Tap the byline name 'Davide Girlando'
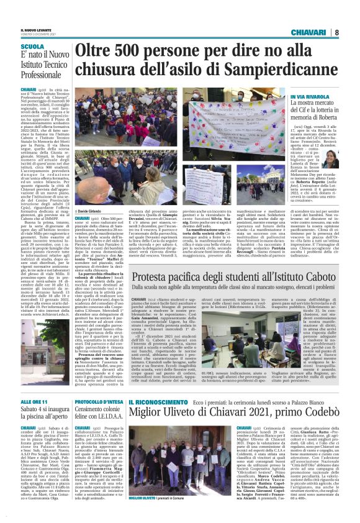92,212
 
